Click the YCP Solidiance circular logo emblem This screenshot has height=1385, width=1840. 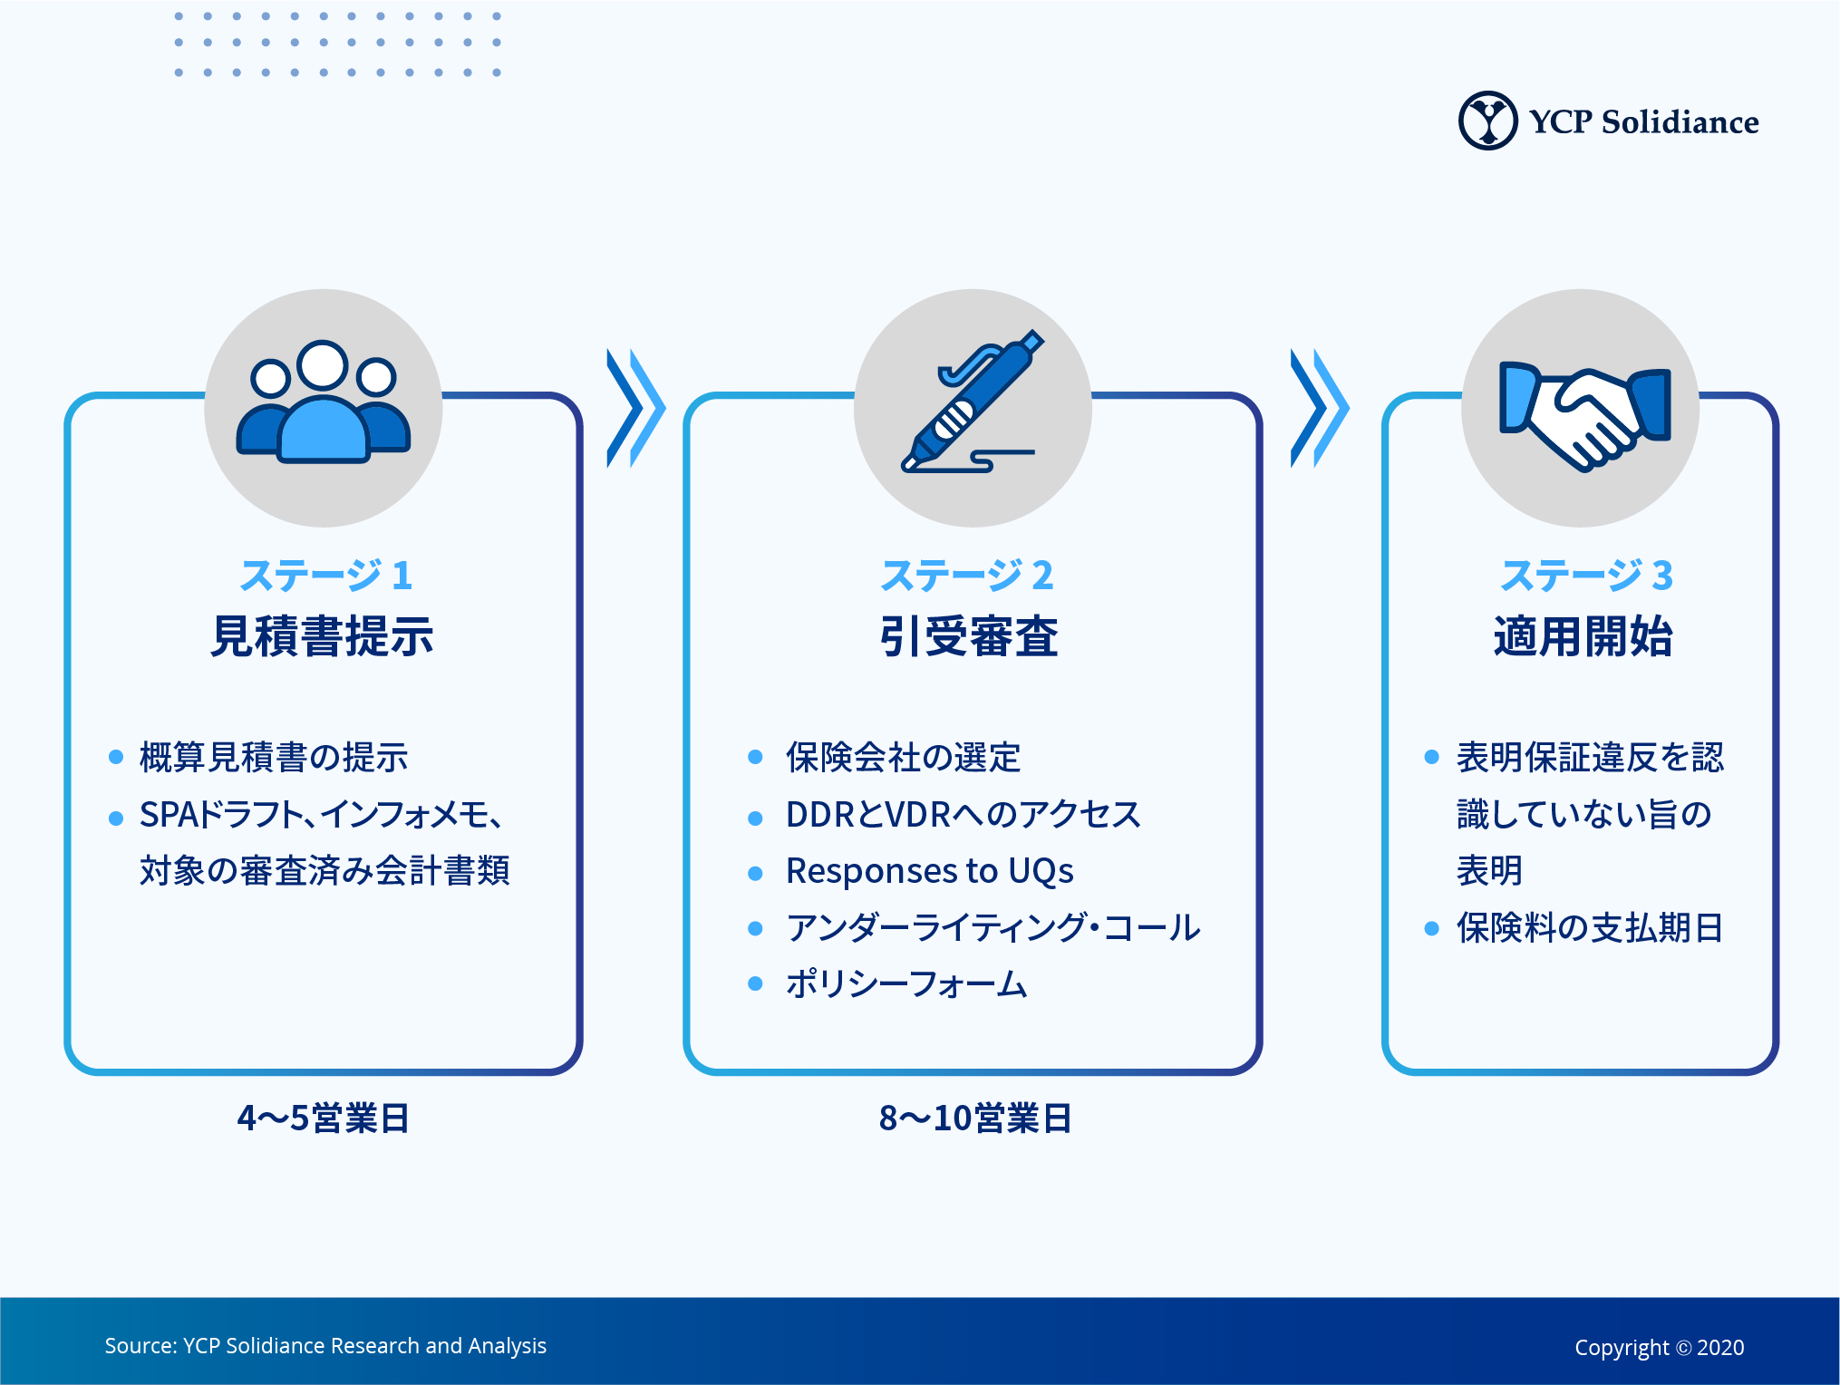tap(1487, 121)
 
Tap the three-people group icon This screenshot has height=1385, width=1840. tap(324, 404)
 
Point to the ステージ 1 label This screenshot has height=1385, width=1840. tap(325, 575)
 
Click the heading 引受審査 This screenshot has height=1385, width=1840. tap(969, 635)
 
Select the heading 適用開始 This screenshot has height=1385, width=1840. tap(1583, 635)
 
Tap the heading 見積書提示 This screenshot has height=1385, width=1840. tap(322, 635)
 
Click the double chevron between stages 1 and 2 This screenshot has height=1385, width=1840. tap(635, 408)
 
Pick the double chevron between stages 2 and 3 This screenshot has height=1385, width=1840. tap(1319, 408)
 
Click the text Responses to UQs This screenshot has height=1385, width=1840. tap(929, 871)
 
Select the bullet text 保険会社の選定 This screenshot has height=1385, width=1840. tap(903, 757)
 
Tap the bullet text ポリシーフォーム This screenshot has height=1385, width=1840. tap(906, 984)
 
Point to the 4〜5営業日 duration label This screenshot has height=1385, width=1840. tap(323, 1119)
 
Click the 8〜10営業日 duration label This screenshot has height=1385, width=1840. tap(975, 1119)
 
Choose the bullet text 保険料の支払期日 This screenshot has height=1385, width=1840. tap(1589, 928)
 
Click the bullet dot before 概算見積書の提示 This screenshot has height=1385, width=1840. tap(116, 757)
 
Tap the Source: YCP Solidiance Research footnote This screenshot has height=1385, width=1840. tap(325, 1346)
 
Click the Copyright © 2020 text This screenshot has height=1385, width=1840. tap(1659, 1348)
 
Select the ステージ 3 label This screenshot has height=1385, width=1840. tap(1586, 575)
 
